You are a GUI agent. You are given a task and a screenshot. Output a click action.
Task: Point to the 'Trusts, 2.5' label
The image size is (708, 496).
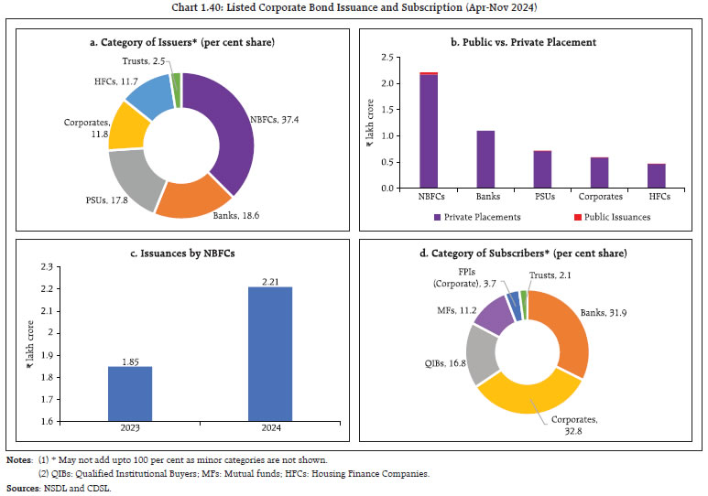pos(144,60)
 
